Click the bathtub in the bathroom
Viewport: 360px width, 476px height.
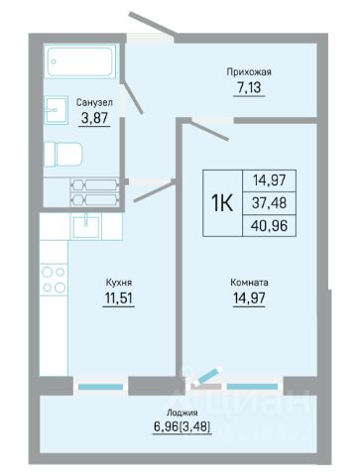click(x=80, y=61)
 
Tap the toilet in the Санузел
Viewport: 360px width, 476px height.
click(x=63, y=155)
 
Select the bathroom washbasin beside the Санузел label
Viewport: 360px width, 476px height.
click(x=56, y=110)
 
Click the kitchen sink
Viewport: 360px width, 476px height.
click(x=86, y=227)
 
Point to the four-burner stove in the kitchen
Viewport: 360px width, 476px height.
click(x=54, y=280)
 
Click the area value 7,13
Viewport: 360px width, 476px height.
click(x=249, y=87)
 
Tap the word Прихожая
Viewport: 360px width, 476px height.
click(x=249, y=72)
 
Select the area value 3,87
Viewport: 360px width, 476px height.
click(x=95, y=118)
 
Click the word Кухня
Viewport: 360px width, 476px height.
click(x=119, y=283)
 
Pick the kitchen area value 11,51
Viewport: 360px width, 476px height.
click(x=119, y=297)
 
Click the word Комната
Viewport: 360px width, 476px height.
click(x=249, y=283)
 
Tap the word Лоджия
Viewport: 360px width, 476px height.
click(x=182, y=413)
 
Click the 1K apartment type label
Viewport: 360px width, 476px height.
click(x=222, y=203)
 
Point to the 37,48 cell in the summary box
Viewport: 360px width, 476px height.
click(x=269, y=203)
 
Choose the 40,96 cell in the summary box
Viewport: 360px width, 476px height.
click(x=269, y=226)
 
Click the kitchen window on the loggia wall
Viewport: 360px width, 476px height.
click(x=100, y=387)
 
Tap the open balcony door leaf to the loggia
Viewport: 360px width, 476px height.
click(x=207, y=377)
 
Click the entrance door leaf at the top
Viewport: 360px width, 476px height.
click(x=152, y=23)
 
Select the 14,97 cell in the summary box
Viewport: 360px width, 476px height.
click(x=269, y=180)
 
